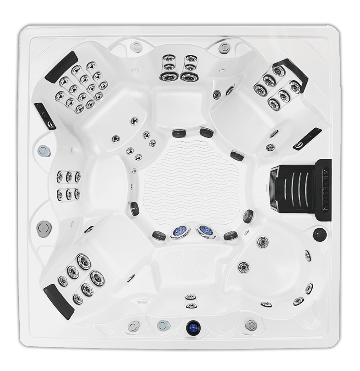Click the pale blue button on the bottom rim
click(162, 325)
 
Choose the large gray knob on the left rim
click(44, 228)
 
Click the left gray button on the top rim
click(135, 46)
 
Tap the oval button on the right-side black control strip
click(300, 145)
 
